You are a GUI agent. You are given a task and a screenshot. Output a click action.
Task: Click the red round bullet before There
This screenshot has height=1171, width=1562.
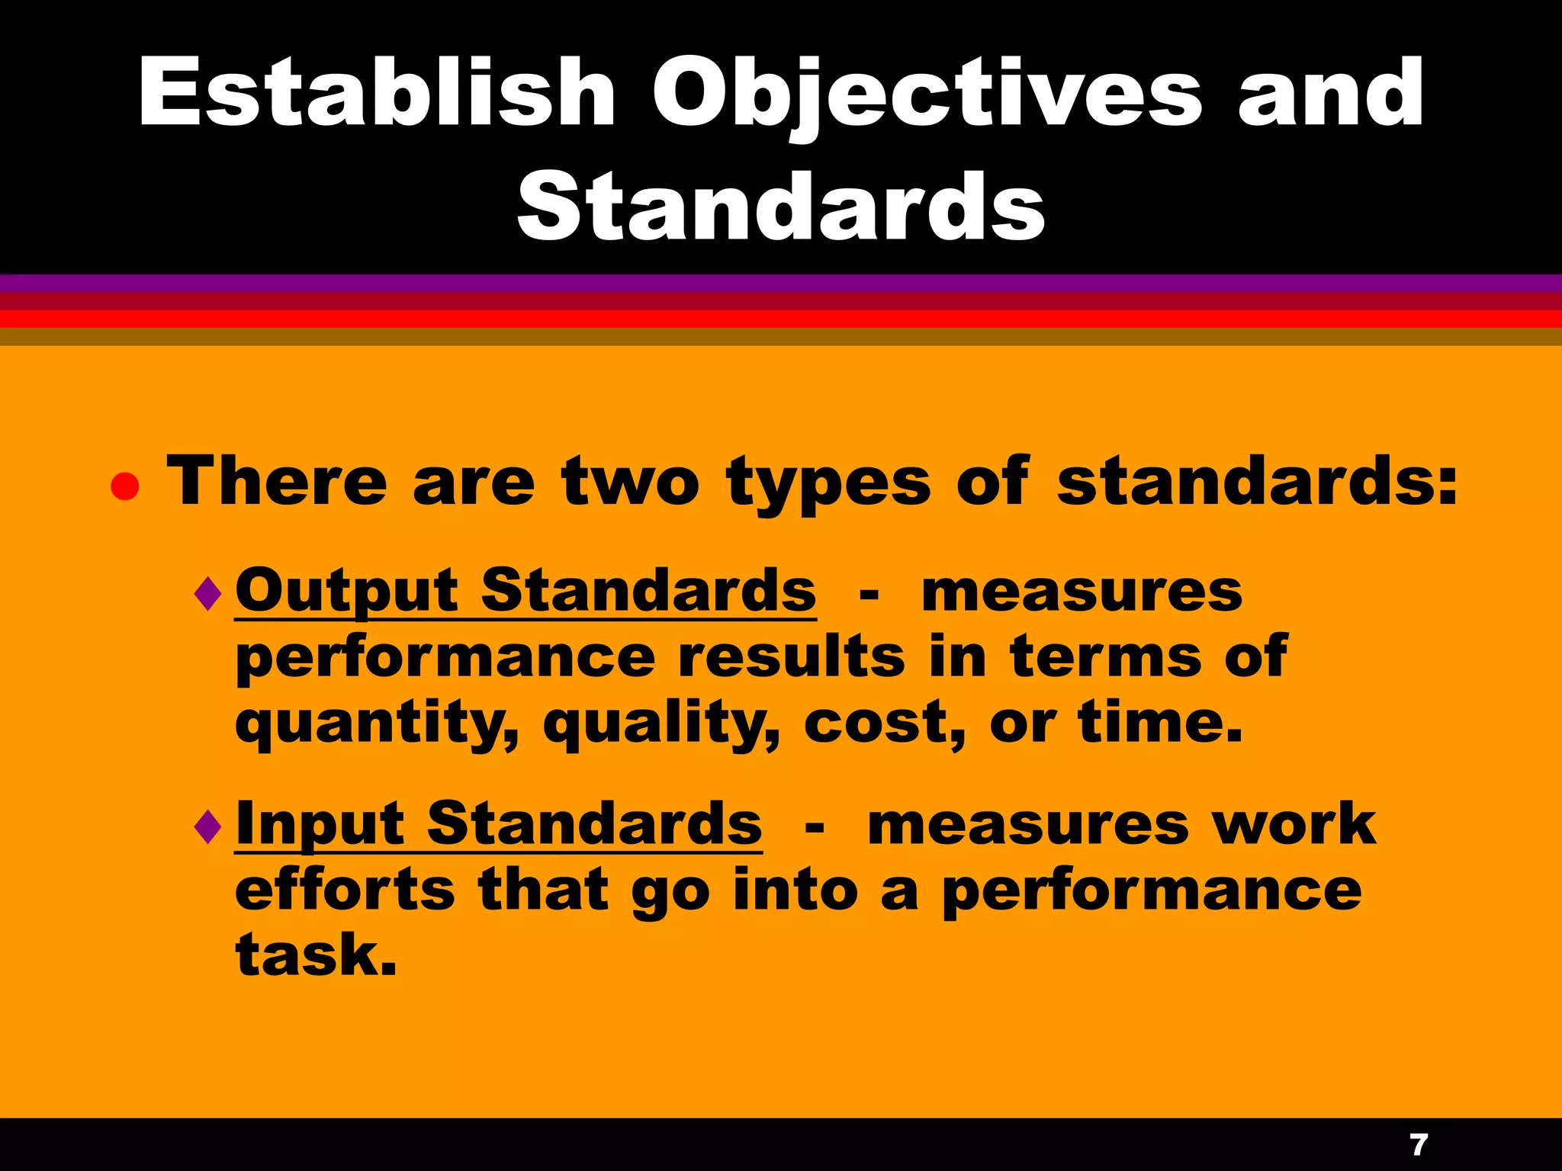point(125,486)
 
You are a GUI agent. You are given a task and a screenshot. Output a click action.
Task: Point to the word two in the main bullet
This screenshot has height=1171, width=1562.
point(630,482)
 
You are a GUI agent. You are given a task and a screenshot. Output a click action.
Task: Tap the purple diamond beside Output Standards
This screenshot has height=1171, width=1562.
point(207,594)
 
